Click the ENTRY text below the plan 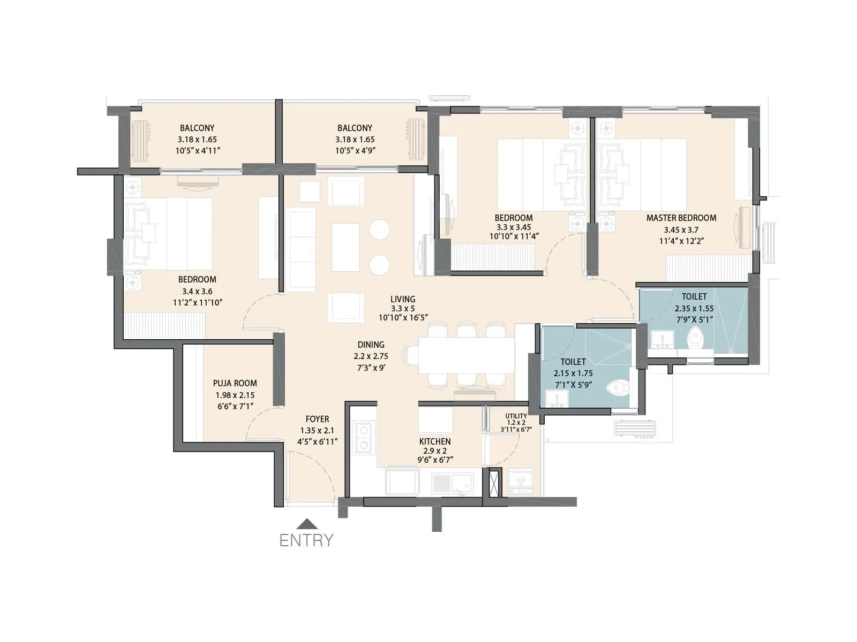306,540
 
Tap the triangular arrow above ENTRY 306,524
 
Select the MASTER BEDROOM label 681,218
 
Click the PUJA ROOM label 235,383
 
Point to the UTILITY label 516,416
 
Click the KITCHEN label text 434,441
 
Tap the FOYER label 317,419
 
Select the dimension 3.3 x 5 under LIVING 402,309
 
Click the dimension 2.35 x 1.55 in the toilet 694,308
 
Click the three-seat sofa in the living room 302,250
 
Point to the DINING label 371,345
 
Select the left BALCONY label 197,128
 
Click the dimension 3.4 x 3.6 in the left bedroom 197,292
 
